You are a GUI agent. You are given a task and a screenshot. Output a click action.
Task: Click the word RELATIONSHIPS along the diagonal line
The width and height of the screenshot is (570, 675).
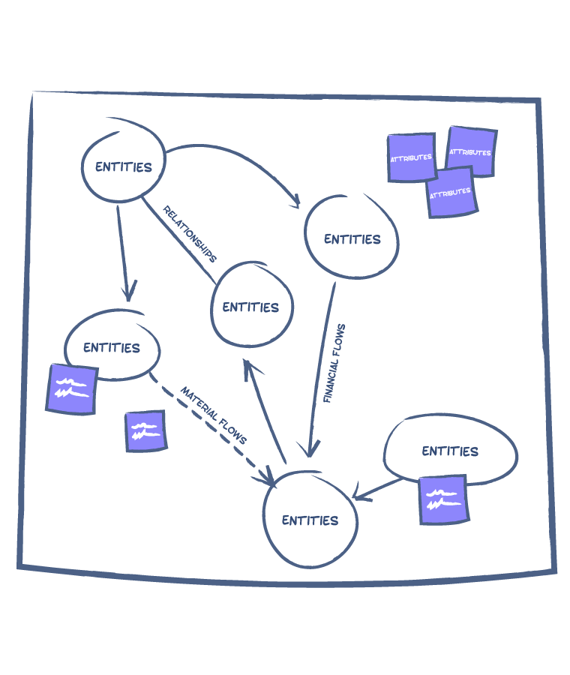190,234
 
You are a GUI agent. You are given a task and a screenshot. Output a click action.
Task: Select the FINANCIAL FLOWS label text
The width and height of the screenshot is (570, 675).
334,364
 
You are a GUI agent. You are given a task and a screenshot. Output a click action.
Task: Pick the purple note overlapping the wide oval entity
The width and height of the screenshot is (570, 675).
443,499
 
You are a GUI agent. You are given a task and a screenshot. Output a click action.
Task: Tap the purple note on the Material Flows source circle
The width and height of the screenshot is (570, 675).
72,388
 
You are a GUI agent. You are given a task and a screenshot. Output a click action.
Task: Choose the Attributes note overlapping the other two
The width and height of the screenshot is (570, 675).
451,192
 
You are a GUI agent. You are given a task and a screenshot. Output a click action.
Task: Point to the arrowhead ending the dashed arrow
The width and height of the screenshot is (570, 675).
268,478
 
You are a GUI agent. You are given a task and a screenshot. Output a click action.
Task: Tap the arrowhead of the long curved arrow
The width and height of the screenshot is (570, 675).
295,201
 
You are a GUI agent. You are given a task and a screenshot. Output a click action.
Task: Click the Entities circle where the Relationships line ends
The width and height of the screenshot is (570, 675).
251,306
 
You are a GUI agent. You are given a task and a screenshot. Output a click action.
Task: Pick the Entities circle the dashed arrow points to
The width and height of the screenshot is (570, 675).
310,520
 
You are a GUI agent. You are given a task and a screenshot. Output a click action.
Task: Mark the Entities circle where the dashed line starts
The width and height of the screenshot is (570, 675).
112,346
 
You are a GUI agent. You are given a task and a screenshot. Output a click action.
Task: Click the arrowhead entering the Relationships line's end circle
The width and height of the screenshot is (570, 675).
247,365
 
